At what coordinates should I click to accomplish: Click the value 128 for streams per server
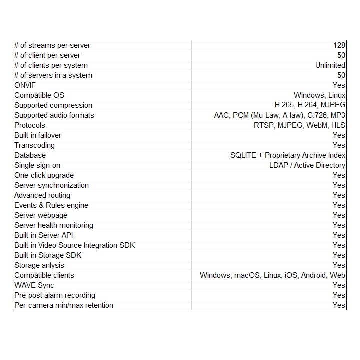pyautogui.click(x=340, y=45)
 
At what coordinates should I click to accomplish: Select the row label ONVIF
pyautogui.click(x=25, y=85)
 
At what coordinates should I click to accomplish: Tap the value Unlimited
pyautogui.click(x=330, y=65)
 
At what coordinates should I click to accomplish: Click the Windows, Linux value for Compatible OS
pyautogui.click(x=319, y=95)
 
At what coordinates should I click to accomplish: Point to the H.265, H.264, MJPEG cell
pyautogui.click(x=310, y=105)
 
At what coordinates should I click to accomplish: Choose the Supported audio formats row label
pyautogui.click(x=54, y=115)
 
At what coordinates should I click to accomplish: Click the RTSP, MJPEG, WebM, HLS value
pyautogui.click(x=299, y=125)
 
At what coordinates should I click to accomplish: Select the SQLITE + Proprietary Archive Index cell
pyautogui.click(x=288, y=155)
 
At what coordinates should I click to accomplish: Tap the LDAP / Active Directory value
pyautogui.click(x=307, y=165)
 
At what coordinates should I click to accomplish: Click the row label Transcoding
pyautogui.click(x=34, y=145)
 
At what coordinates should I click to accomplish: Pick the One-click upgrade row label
pyautogui.click(x=44, y=175)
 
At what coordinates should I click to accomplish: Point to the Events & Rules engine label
pyautogui.click(x=51, y=205)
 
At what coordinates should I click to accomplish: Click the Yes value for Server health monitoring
pyautogui.click(x=339, y=225)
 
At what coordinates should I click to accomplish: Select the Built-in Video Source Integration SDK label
pyautogui.click(x=74, y=245)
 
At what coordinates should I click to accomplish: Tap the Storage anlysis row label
pyautogui.click(x=40, y=265)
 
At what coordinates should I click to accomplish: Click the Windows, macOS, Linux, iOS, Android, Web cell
pyautogui.click(x=272, y=275)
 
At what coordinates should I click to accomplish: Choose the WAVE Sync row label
pyautogui.click(x=34, y=285)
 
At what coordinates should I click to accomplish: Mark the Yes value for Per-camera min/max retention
pyautogui.click(x=339, y=305)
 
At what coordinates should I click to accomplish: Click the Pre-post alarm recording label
pyautogui.click(x=54, y=295)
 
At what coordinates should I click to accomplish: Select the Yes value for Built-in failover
pyautogui.click(x=339, y=135)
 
